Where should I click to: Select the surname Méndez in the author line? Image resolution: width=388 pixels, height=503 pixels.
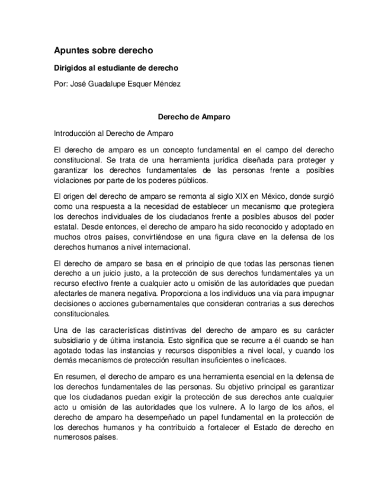click(x=166, y=84)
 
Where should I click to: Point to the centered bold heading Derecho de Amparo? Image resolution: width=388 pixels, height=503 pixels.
click(x=194, y=117)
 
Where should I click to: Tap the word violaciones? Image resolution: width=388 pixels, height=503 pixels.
click(x=72, y=181)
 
